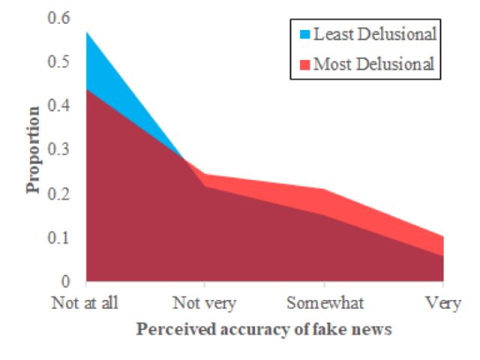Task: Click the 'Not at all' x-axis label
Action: tap(86, 303)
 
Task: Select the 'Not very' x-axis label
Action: tap(205, 303)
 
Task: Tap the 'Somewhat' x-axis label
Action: tap(324, 303)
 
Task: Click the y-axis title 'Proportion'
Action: tap(34, 150)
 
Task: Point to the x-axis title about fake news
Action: tap(264, 328)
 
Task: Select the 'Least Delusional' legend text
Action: tap(375, 34)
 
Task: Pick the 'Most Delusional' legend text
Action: tap(373, 64)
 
